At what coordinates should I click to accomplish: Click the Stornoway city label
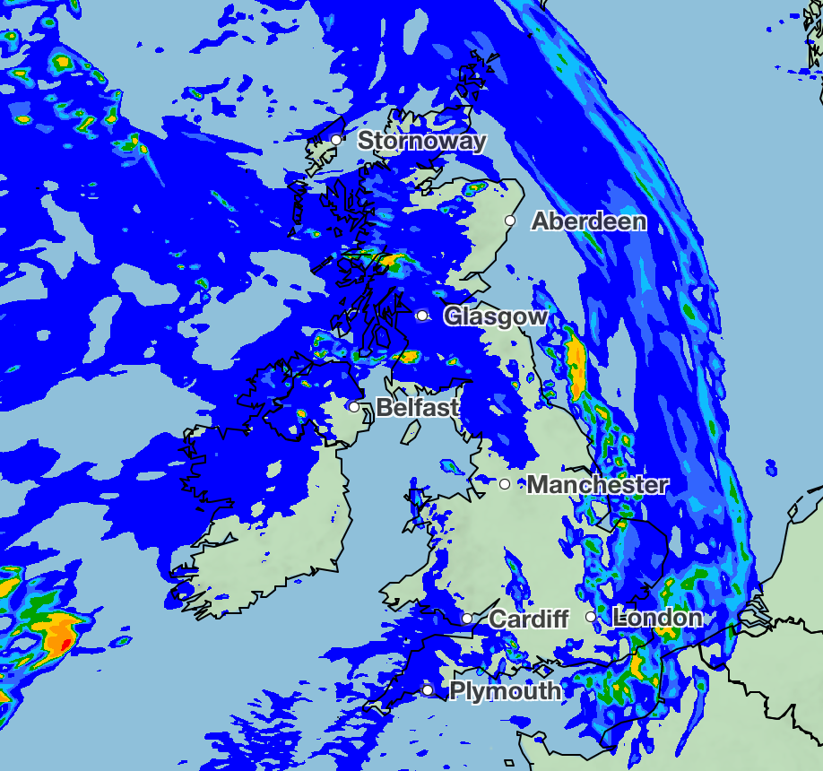click(421, 141)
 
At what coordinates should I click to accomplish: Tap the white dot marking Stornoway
click(336, 139)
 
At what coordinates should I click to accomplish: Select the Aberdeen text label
click(589, 221)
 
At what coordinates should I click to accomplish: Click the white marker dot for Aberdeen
click(510, 221)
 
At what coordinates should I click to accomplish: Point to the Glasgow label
click(496, 316)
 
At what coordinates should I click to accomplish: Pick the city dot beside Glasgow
click(421, 316)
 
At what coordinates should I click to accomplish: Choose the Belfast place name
click(417, 408)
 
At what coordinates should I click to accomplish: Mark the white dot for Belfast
click(354, 407)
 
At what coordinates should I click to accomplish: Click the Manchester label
click(597, 485)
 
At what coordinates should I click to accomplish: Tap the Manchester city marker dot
click(505, 484)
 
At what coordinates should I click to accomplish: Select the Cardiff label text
click(529, 619)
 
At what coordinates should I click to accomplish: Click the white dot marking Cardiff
click(467, 619)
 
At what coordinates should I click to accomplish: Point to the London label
click(657, 618)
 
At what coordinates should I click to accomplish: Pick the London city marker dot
click(591, 617)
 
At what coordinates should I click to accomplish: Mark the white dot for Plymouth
click(428, 690)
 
